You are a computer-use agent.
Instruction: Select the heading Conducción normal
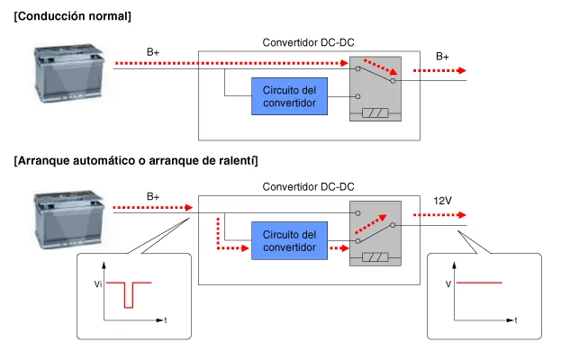72,16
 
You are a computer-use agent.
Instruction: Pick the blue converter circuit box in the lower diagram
289,240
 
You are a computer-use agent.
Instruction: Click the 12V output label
442,200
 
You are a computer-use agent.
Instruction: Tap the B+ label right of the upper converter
442,56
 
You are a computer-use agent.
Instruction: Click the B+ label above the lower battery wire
153,196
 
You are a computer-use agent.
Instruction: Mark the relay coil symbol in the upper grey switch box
374,113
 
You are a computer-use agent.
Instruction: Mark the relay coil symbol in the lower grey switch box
374,257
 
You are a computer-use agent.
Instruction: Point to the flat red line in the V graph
479,283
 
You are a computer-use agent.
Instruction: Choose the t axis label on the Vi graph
166,319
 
